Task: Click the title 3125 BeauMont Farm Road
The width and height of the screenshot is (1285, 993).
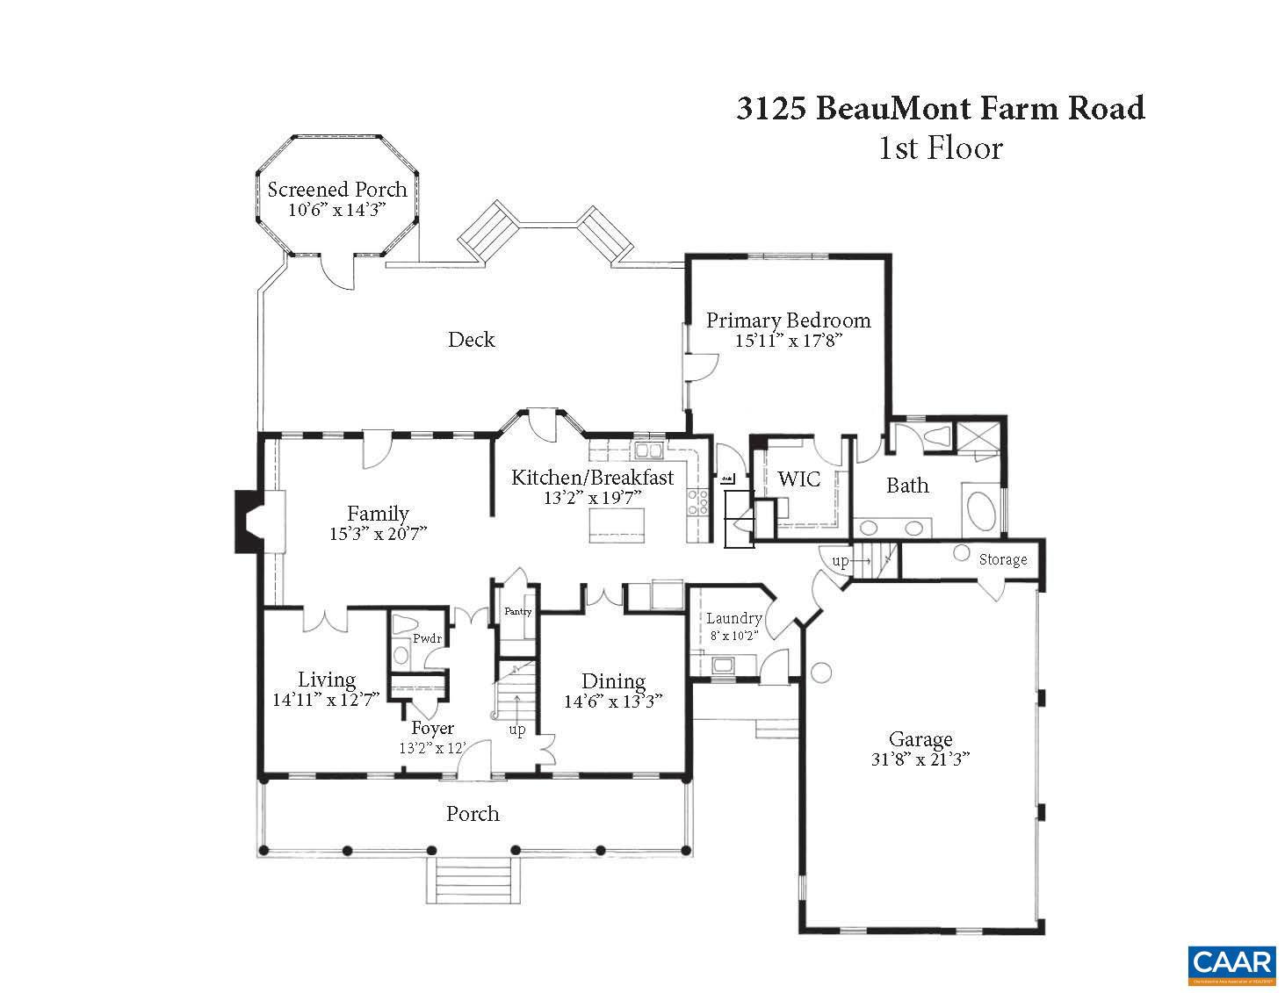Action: click(x=940, y=108)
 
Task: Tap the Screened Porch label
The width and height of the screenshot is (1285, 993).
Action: click(x=337, y=190)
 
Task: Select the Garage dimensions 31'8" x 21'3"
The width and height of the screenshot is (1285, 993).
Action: click(x=920, y=759)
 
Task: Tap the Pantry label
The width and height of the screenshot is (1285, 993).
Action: click(x=517, y=611)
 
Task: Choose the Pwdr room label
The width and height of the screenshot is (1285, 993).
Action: click(x=427, y=638)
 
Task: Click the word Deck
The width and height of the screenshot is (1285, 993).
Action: click(x=471, y=340)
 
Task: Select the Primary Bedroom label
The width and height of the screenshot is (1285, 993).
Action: click(x=788, y=320)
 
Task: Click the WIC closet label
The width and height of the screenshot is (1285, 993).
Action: click(x=798, y=479)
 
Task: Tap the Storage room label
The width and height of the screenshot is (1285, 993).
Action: click(x=1002, y=559)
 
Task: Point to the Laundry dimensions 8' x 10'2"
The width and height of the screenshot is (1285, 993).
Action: click(x=733, y=634)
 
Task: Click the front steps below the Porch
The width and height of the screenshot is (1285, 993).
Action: click(x=473, y=880)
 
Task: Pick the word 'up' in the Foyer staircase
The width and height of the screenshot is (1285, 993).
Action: click(x=517, y=730)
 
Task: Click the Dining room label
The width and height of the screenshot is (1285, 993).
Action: click(x=613, y=681)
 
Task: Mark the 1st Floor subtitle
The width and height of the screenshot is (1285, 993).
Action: click(x=940, y=148)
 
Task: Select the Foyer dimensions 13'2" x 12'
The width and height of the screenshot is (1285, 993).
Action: click(x=432, y=748)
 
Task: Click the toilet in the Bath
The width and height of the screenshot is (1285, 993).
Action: click(x=936, y=435)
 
